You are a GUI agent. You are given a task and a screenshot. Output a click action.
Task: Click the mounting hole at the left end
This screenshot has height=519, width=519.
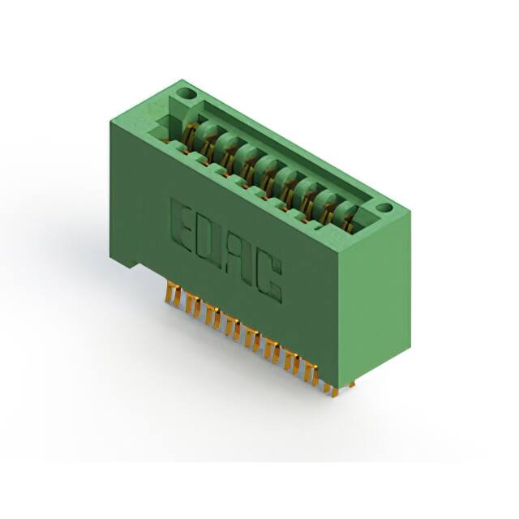coord(186,94)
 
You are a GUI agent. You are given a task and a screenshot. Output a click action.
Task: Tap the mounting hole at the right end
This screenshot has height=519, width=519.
coord(384,208)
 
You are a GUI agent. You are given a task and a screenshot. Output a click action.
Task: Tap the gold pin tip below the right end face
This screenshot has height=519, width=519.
coord(351,384)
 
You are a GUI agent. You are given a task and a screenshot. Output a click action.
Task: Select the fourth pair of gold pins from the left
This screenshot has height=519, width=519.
coord(234,329)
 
